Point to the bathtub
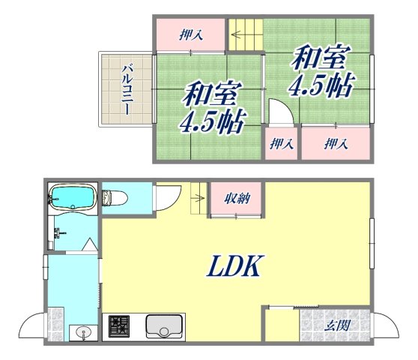click(71, 199)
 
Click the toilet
click(115, 198)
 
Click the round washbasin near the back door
click(82, 331)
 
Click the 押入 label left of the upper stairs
click(190, 34)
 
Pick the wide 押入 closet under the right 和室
click(335, 143)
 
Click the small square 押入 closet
click(282, 144)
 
